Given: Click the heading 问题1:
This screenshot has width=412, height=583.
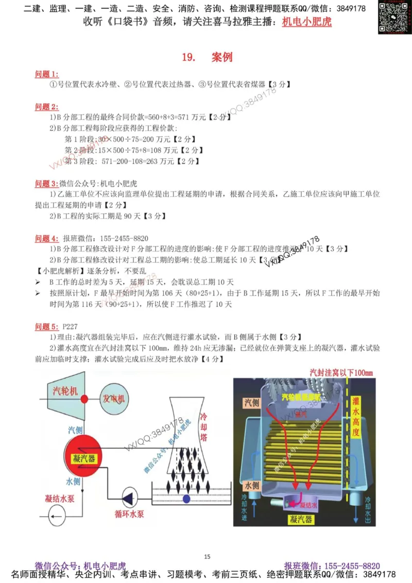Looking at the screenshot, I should (46, 74).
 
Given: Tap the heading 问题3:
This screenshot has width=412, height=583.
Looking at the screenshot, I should (46, 183).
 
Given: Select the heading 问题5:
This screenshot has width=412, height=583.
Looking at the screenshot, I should (46, 327).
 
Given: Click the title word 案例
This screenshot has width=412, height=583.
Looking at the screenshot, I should (222, 57).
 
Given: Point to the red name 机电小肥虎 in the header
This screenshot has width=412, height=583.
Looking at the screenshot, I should (307, 22).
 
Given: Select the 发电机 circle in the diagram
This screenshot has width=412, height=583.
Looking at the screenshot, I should (114, 399).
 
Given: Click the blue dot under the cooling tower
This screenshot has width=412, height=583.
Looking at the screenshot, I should (186, 499).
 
